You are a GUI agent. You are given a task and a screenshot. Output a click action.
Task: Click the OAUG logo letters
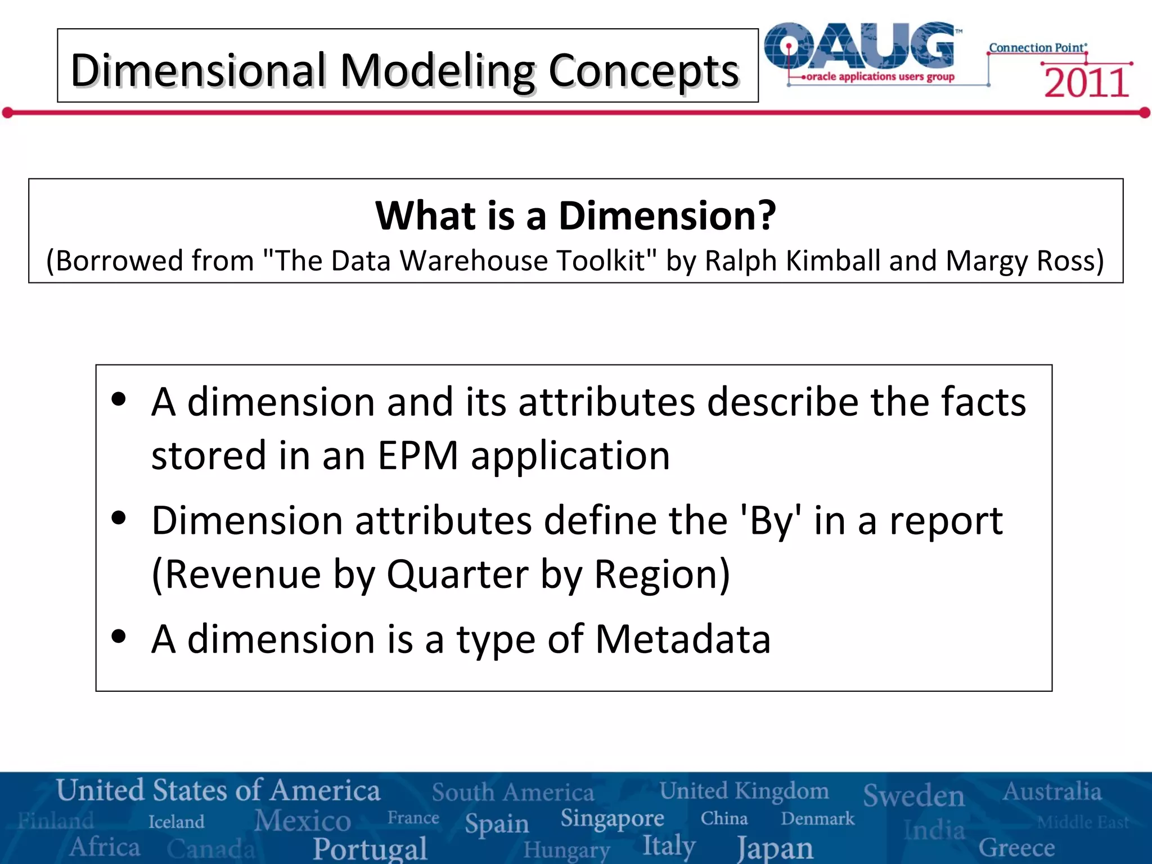[861, 46]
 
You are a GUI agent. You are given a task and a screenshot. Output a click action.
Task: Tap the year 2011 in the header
[1086, 83]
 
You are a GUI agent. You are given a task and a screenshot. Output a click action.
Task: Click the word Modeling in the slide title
[439, 71]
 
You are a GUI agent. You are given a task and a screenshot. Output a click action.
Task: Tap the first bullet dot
[119, 400]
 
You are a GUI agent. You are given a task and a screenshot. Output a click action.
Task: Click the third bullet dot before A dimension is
[119, 637]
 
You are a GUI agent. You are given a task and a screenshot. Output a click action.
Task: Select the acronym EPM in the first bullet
[418, 456]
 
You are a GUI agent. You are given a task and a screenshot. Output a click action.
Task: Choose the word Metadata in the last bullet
[682, 640]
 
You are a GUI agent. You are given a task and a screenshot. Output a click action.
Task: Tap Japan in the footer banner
[775, 848]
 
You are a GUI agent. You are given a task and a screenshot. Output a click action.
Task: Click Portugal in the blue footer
[370, 848]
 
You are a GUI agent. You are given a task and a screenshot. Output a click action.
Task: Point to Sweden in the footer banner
[913, 795]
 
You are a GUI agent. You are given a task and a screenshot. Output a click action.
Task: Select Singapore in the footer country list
[612, 818]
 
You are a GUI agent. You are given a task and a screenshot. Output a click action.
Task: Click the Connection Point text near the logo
[1037, 48]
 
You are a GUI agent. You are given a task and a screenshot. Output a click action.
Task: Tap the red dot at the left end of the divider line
[7, 113]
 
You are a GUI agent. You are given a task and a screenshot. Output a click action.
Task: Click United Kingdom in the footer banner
[744, 791]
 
